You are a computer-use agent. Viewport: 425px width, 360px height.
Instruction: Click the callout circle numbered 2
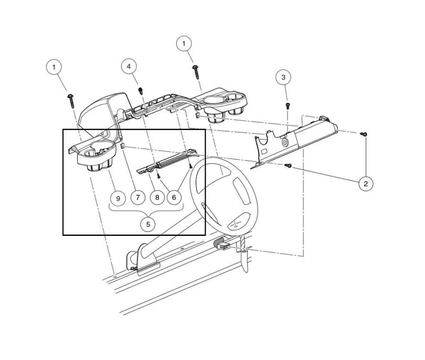pyautogui.click(x=366, y=183)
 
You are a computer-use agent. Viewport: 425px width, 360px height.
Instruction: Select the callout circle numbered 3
pyautogui.click(x=283, y=77)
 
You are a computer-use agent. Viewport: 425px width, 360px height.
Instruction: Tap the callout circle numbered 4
pyautogui.click(x=129, y=66)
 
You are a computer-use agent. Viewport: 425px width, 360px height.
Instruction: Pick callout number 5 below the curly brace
pyautogui.click(x=148, y=224)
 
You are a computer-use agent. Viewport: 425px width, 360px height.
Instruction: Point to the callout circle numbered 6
pyautogui.click(x=174, y=197)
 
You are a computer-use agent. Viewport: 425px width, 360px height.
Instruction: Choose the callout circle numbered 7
pyautogui.click(x=138, y=197)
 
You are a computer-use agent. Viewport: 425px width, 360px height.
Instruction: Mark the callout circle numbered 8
pyautogui.click(x=157, y=197)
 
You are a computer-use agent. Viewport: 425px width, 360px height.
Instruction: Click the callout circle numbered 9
pyautogui.click(x=118, y=198)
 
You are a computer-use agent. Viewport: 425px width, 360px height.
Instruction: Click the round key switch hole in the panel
pyautogui.click(x=285, y=142)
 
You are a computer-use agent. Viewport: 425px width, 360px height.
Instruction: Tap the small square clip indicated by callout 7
pyautogui.click(x=123, y=146)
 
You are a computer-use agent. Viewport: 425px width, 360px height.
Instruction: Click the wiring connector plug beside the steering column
pyautogui.click(x=222, y=245)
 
